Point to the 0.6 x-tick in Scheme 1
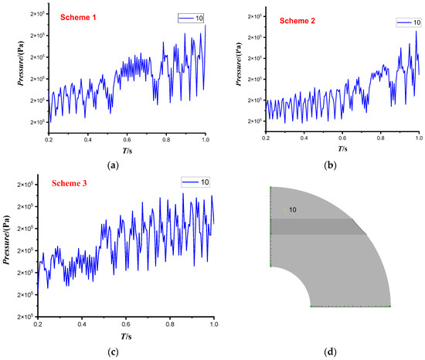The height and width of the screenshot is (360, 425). (x=127, y=138)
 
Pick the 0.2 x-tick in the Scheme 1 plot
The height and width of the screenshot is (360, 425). (x=49, y=138)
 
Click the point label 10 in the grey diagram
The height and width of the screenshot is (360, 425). (x=293, y=209)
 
